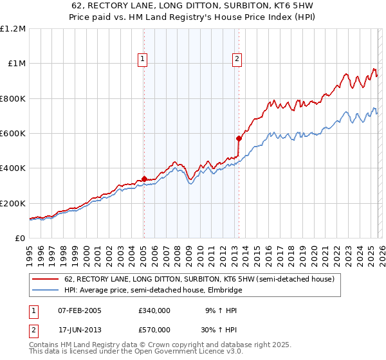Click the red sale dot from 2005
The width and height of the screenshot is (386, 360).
(144, 179)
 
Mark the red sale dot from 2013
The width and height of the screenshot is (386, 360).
(239, 138)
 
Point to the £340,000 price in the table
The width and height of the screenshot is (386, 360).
(154, 310)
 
